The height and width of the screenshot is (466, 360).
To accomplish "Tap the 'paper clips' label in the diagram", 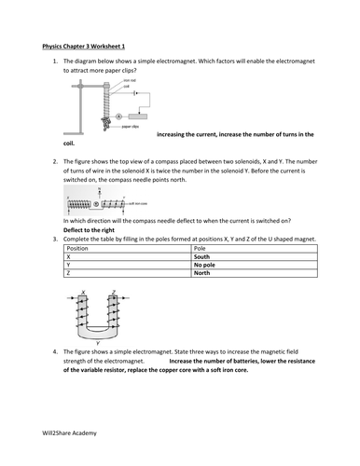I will coord(132,126).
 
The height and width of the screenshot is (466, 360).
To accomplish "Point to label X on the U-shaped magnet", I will coord(82,293).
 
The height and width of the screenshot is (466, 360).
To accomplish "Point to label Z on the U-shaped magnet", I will coord(114,293).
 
